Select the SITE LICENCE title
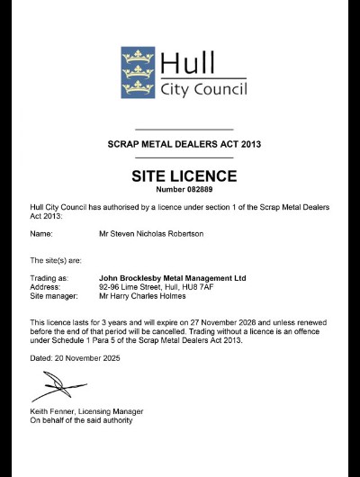click(x=179, y=175)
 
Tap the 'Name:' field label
click(x=41, y=234)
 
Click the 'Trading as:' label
click(x=49, y=278)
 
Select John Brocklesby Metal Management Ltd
click(x=172, y=278)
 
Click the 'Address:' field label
click(x=46, y=287)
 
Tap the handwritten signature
click(x=59, y=388)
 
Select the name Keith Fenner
click(x=54, y=411)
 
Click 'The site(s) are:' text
click(x=57, y=260)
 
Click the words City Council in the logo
click(x=203, y=88)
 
